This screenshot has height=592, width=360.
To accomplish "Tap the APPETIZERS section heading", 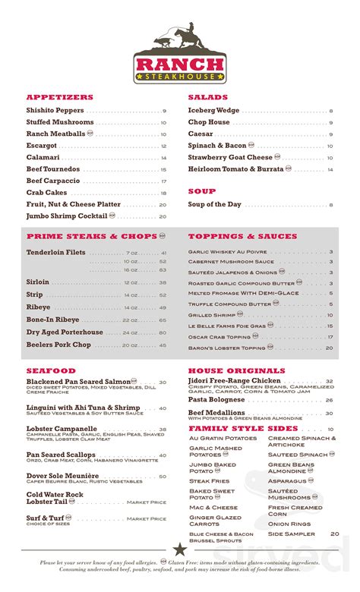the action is click(x=60, y=97).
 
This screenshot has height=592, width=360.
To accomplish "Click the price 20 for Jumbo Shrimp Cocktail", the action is click(x=163, y=216).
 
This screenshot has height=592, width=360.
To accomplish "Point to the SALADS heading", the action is click(x=207, y=97).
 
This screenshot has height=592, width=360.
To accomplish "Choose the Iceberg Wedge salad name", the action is click(x=213, y=111).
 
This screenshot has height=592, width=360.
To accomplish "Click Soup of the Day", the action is click(x=215, y=205).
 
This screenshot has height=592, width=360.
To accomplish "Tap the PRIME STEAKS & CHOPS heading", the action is click(x=91, y=237).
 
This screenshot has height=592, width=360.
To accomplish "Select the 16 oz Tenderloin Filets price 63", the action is click(x=163, y=270).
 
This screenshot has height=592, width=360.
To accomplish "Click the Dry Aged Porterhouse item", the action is click(x=65, y=332).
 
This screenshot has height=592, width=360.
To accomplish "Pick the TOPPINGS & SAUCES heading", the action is click(x=243, y=237).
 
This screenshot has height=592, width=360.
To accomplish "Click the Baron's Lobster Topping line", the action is click(x=228, y=348).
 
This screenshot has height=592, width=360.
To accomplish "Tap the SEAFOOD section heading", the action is click(x=51, y=370).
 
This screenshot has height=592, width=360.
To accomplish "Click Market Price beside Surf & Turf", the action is click(x=147, y=519).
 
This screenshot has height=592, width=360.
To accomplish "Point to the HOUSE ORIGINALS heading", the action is click(x=236, y=370).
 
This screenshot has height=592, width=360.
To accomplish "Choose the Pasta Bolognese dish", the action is click(x=216, y=399).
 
